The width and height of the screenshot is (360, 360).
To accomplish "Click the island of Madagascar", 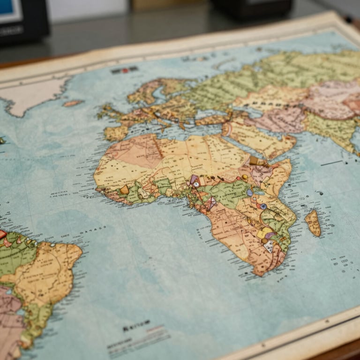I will click(313, 223).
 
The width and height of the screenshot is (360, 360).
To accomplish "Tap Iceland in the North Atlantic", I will click(73, 103).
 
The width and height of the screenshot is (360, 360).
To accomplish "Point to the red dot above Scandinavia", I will click(125, 71).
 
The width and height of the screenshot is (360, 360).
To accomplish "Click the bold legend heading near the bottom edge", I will click(136, 323).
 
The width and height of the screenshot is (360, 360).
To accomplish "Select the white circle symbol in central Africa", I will click(196, 184).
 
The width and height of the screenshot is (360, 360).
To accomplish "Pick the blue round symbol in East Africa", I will click(263, 206).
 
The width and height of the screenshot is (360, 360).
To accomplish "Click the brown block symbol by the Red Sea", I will click(254, 160).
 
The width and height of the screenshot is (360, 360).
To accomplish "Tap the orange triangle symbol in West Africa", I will click(125, 189).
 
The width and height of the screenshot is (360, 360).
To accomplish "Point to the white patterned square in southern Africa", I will click(269, 245).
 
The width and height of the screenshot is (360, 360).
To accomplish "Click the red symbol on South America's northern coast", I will click(3, 234).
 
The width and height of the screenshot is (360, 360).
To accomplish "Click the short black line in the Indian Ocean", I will click(331, 163).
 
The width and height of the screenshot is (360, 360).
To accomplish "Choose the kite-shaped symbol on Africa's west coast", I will click(211, 203).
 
